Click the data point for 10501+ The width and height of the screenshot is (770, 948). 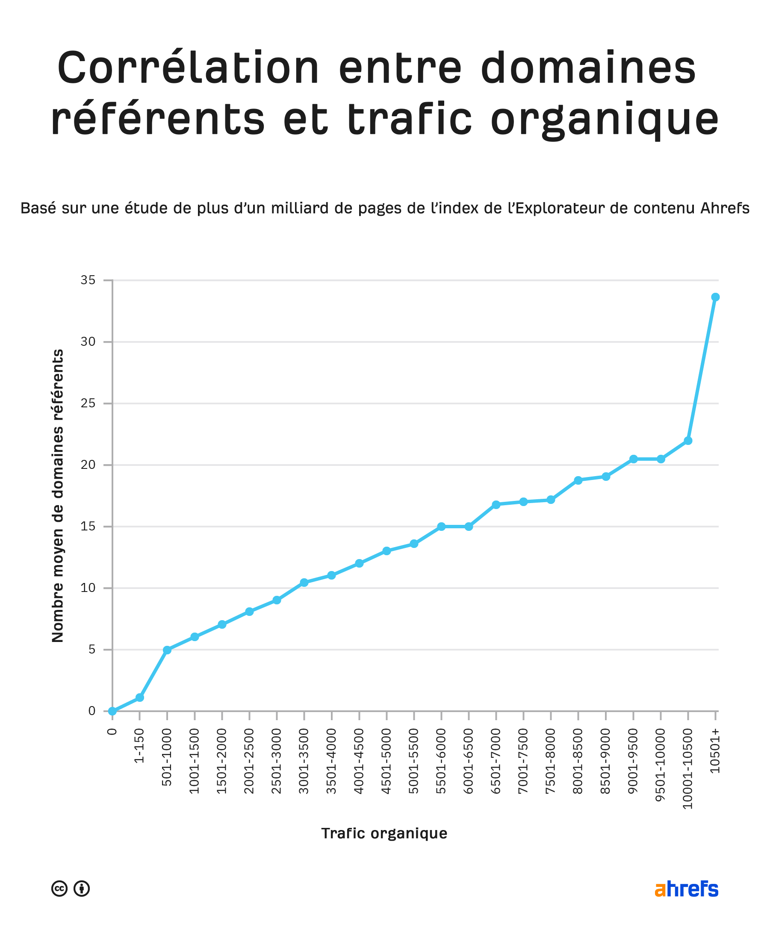coord(715,297)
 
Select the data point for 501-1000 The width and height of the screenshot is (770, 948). coord(167,650)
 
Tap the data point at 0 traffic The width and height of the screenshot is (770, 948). coord(112,711)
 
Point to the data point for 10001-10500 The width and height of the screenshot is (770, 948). coord(688,441)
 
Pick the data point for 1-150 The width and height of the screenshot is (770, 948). coord(140,698)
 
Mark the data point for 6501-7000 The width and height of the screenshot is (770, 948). coord(496,505)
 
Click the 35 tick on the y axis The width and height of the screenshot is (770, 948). coord(88,280)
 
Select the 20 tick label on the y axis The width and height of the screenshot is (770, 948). coord(88,465)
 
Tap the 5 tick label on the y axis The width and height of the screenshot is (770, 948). coord(92,650)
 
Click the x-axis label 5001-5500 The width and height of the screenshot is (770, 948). coord(413,761)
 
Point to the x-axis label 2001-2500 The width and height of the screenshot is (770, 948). coord(249,761)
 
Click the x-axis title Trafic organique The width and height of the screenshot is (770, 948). coord(384,833)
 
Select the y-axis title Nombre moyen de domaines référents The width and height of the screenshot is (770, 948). coord(58,496)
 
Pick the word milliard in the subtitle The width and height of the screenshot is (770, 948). coord(300,208)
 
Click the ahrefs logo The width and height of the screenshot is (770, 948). coord(686,889)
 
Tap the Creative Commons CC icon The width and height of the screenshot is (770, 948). coord(59,889)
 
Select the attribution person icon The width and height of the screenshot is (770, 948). coord(82,889)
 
